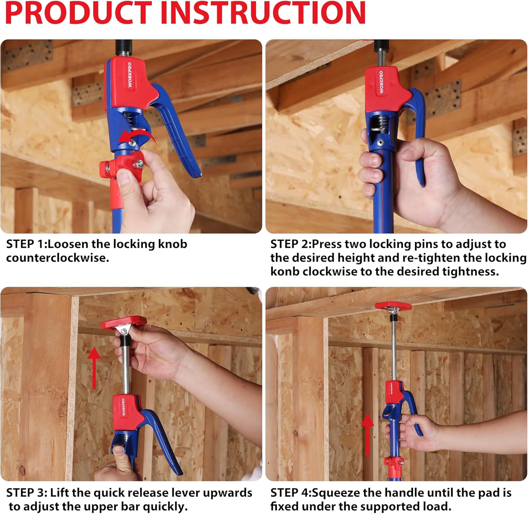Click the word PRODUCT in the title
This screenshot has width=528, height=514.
tap(78, 13)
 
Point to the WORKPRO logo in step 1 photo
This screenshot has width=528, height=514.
tap(130, 75)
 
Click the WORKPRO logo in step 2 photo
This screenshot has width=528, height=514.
tap(381, 82)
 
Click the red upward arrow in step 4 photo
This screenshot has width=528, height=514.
tap(367, 435)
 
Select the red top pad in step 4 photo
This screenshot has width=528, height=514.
tap(393, 305)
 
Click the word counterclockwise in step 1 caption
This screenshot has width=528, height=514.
tap(58, 258)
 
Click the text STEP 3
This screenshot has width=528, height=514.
tap(26, 493)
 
